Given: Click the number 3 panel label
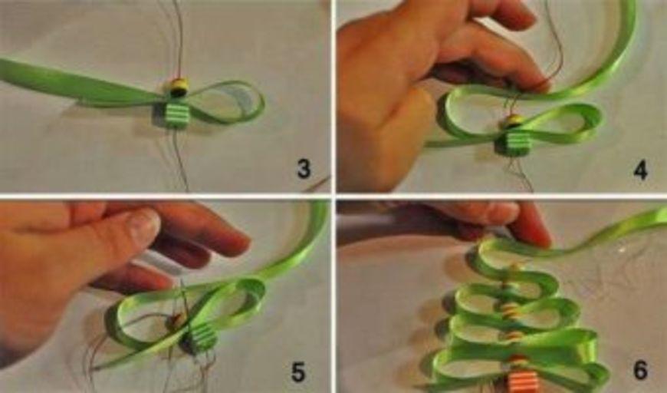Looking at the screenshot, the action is click(x=304, y=169).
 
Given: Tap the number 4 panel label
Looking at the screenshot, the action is click(x=640, y=170).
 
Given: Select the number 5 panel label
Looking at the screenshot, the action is click(x=298, y=372).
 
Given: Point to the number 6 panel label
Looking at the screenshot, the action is click(x=641, y=370).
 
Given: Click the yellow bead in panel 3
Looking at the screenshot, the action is click(x=178, y=87).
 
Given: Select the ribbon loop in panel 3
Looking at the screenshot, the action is click(x=230, y=102).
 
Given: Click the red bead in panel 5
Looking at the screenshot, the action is click(x=176, y=320).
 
